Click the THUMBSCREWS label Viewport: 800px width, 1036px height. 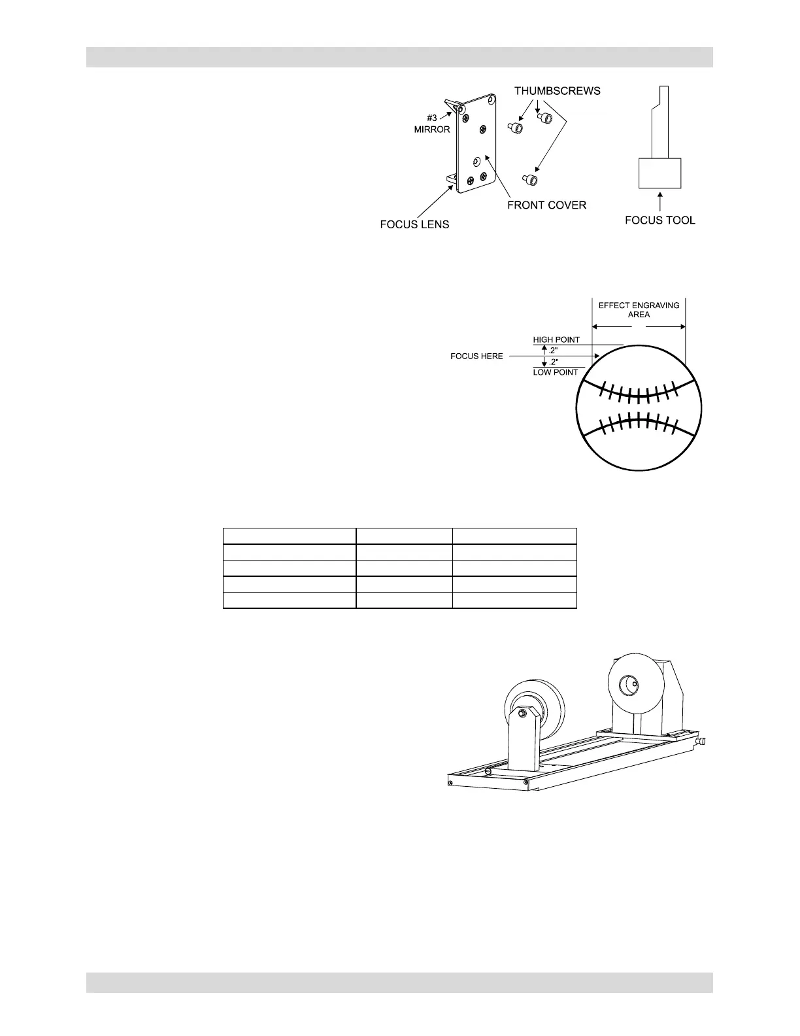(557, 91)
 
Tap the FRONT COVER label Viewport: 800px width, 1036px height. (546, 205)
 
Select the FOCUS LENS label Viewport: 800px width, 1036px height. (414, 224)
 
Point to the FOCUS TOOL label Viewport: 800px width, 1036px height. (659, 220)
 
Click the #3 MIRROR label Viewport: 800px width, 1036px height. (432, 124)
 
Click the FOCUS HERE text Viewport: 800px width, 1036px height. (476, 356)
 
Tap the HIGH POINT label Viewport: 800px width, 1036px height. (556, 340)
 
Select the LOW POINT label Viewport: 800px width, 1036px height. (555, 372)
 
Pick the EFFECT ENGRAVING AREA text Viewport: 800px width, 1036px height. (639, 309)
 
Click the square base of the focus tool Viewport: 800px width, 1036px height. (659, 173)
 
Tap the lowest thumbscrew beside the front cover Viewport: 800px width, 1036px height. (531, 179)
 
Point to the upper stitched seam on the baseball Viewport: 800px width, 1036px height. (639, 392)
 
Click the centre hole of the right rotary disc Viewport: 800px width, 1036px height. (631, 685)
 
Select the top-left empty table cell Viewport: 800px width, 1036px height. (290, 535)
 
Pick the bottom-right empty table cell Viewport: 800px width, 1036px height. (514, 600)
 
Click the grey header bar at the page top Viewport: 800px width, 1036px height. (399, 57)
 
